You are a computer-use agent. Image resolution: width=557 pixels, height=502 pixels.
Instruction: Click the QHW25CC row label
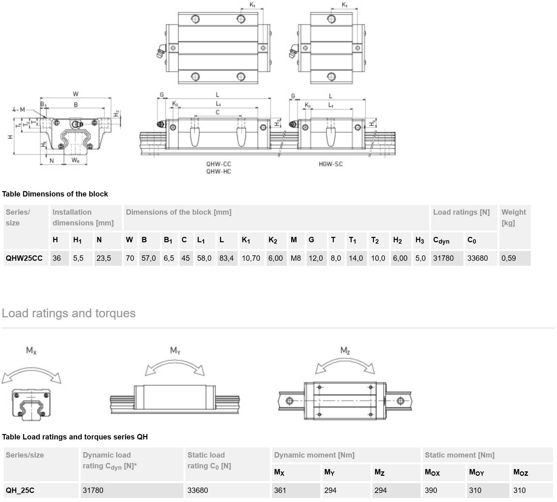click(x=24, y=258)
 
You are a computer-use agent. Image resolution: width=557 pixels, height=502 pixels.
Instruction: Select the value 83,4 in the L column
click(x=227, y=258)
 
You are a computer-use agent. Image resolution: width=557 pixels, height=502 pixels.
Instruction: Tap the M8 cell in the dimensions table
click(x=296, y=258)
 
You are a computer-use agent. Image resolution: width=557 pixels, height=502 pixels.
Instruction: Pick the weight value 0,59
click(x=509, y=258)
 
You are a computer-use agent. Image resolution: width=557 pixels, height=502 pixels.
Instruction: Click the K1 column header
click(x=246, y=240)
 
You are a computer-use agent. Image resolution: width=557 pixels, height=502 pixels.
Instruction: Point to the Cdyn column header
click(x=441, y=240)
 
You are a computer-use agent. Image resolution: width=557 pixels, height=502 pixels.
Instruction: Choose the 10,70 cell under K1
click(x=251, y=258)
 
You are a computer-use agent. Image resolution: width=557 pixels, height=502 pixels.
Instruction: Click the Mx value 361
click(x=280, y=490)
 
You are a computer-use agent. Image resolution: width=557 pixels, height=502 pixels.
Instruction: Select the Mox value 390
click(x=431, y=490)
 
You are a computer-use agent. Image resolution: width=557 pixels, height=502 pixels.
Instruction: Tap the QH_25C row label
click(x=20, y=490)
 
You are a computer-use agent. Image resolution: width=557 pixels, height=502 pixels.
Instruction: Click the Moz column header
click(x=521, y=472)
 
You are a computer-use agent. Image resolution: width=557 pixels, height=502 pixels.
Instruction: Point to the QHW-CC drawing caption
click(x=218, y=164)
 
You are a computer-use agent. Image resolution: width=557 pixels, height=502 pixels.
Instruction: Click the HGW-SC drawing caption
click(x=330, y=164)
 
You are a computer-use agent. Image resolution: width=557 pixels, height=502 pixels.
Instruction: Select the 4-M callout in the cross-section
click(x=19, y=109)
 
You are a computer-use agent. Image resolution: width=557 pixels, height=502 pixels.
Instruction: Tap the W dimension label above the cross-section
click(x=76, y=94)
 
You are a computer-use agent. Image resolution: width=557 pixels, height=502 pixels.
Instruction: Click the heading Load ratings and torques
click(x=69, y=313)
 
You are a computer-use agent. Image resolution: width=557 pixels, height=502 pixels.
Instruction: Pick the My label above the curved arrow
click(x=175, y=351)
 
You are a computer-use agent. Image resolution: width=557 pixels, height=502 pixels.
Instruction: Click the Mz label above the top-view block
click(x=345, y=351)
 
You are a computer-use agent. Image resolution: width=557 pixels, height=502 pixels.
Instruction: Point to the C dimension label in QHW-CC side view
click(x=217, y=112)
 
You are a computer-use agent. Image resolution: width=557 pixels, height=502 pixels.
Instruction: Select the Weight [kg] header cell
click(x=514, y=217)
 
